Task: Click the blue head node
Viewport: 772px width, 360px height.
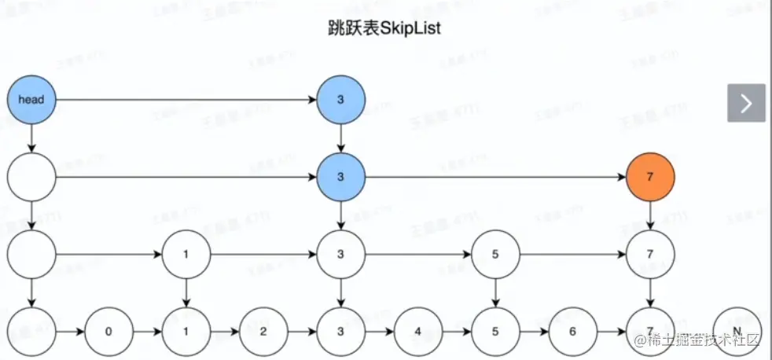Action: (31, 100)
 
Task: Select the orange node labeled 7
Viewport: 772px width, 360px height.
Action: (649, 177)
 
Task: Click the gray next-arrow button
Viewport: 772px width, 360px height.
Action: (746, 103)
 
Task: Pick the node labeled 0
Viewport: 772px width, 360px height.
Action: (108, 331)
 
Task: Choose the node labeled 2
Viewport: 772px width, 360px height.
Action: (263, 331)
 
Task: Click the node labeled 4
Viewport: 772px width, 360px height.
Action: (417, 331)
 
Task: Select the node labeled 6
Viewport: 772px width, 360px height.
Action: (572, 331)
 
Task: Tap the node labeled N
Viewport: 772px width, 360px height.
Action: (737, 331)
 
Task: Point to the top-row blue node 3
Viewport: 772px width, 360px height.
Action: (340, 100)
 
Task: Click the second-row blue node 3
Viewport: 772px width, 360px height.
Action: (340, 177)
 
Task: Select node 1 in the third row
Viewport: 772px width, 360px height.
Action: (186, 255)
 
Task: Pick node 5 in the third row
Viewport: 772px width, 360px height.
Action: (495, 255)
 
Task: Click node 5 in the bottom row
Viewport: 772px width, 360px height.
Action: (495, 331)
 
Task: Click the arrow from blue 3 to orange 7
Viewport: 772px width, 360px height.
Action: (495, 177)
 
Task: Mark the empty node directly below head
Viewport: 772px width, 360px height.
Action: (31, 177)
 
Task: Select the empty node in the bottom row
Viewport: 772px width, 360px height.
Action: (31, 331)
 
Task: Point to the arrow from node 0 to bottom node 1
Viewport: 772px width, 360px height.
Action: (147, 331)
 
